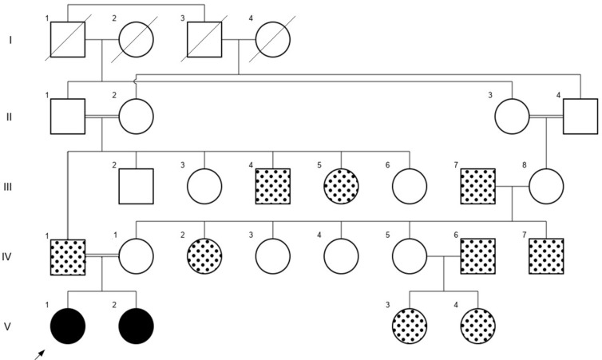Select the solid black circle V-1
click(68, 326)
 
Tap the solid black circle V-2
click(136, 326)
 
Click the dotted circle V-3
click(410, 326)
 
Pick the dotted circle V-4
click(478, 326)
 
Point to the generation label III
click(9, 187)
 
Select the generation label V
click(9, 326)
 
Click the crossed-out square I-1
click(68, 38)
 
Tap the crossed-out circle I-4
click(273, 38)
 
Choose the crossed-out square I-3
click(204, 38)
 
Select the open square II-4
click(580, 117)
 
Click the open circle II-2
click(136, 117)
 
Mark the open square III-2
click(136, 186)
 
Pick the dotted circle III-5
click(342, 186)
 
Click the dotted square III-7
click(478, 186)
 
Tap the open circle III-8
click(546, 186)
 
